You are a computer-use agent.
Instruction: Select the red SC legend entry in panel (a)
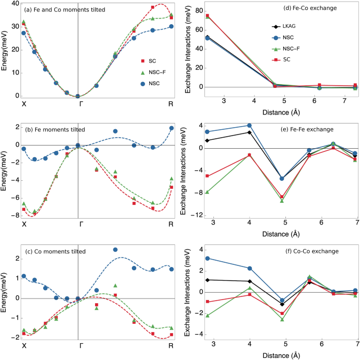pos(137,61)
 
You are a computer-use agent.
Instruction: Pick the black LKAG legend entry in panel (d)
pos(274,26)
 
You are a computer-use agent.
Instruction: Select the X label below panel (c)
pos(24,346)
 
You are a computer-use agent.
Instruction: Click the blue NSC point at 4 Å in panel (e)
pos(250,126)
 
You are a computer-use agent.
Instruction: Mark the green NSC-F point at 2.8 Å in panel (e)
pos(208,192)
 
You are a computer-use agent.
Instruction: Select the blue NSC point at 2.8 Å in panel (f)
pos(208,259)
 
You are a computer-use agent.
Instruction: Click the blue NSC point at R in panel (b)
pos(171,128)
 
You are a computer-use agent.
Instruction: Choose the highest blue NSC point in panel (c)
pos(115,250)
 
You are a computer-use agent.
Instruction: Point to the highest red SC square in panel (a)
pos(153,7)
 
